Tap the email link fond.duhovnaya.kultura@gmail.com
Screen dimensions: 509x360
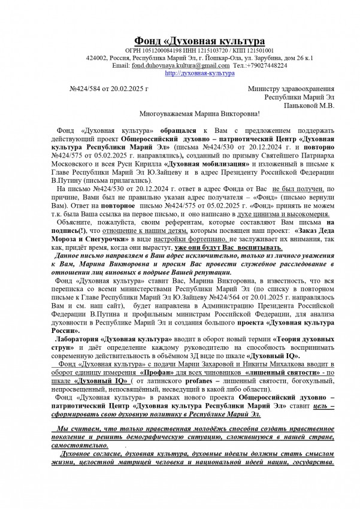coord(180,65)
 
